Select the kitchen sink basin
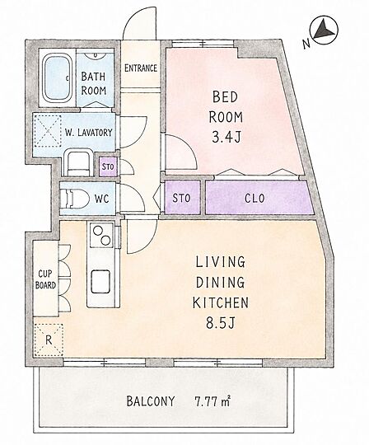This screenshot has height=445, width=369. click(x=100, y=281)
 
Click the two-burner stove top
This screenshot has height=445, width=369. click(x=101, y=235)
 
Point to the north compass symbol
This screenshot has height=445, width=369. click(x=325, y=30)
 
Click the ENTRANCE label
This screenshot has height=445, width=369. click(x=141, y=68)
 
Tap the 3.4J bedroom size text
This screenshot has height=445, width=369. click(x=227, y=138)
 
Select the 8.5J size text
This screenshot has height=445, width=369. click(x=220, y=323)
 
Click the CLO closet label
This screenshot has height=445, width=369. click(x=255, y=199)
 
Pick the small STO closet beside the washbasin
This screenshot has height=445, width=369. click(x=108, y=166)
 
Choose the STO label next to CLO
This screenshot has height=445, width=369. click(x=181, y=198)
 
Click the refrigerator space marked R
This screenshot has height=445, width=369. click(x=49, y=340)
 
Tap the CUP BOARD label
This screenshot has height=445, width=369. click(x=45, y=279)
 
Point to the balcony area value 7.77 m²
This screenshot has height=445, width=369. click(x=213, y=401)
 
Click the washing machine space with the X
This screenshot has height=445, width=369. click(x=48, y=131)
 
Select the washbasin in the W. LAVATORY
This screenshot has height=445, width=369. click(x=77, y=163)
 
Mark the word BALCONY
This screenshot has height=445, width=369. click(x=151, y=401)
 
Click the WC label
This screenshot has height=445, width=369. click(x=101, y=199)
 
